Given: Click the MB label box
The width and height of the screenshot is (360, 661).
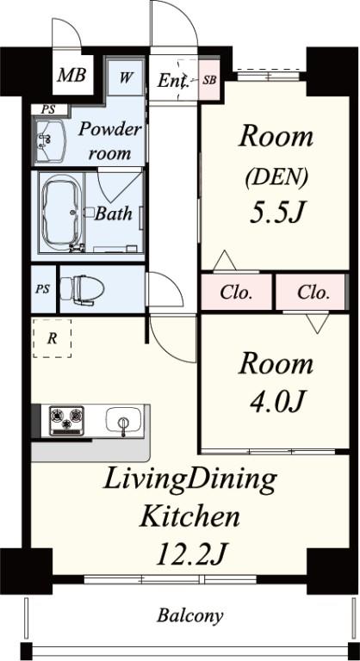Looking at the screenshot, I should tap(71, 77).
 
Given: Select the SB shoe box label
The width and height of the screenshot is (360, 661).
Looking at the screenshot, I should tap(208, 80).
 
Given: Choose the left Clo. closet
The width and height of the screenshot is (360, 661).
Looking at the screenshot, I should tap(236, 293).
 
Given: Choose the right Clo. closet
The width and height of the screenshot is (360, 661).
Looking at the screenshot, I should tap(313, 293).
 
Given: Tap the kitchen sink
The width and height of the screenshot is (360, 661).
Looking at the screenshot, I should tap(123, 422).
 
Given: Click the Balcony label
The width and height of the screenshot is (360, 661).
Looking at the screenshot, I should tap(189, 615).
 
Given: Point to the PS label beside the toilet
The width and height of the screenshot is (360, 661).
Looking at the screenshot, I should tap(42, 289).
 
